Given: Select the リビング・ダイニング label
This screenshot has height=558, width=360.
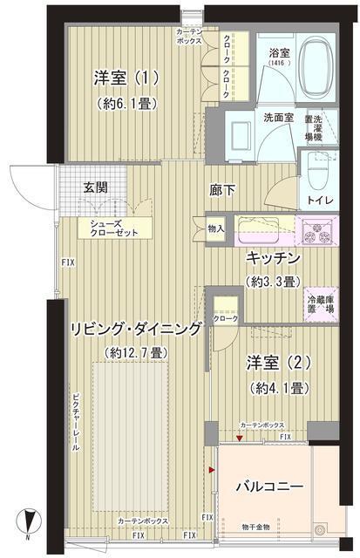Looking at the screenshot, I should point(136,329).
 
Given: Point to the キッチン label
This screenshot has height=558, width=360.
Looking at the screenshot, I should point(274,260).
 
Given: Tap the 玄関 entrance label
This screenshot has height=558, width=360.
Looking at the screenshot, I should point(96,187).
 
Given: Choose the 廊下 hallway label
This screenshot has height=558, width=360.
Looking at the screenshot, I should point(221,188).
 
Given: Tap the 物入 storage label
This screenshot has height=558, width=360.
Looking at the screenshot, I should point(216,229).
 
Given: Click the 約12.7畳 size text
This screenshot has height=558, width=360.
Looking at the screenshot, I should point(134,352).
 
